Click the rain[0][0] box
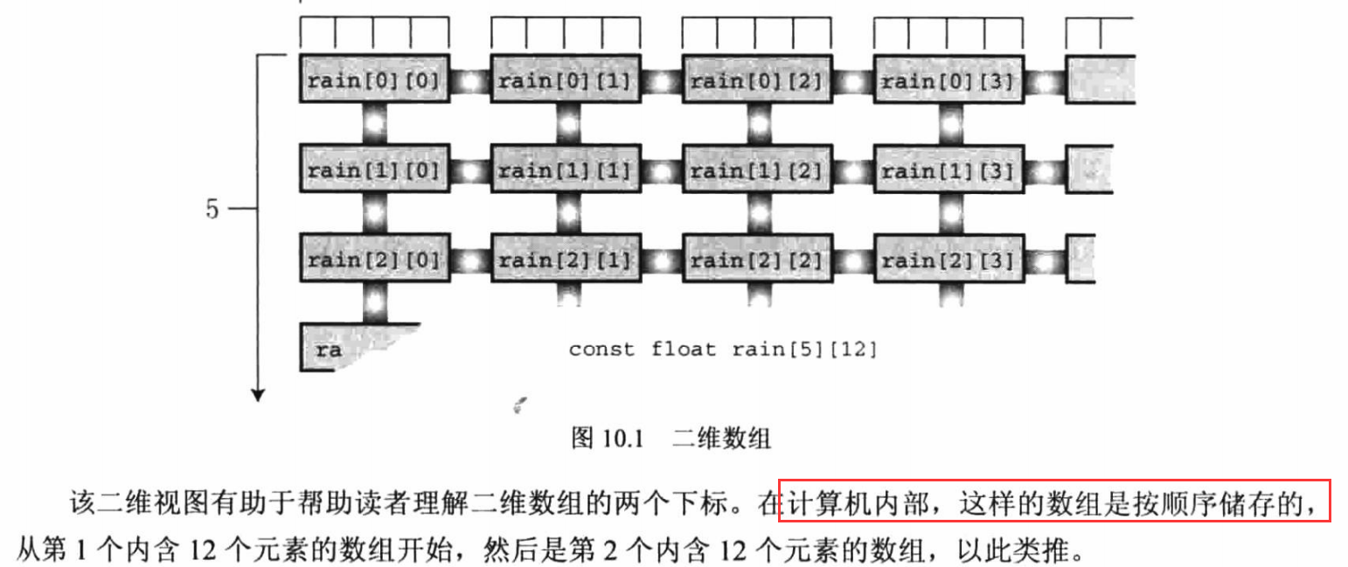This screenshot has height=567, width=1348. [x=374, y=81]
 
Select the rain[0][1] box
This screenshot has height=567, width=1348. [x=566, y=81]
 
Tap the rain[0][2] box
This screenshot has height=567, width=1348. [x=757, y=81]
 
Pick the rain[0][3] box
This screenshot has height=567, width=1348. [x=948, y=81]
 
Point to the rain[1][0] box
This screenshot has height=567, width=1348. [x=374, y=170]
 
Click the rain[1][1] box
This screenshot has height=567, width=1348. [x=566, y=170]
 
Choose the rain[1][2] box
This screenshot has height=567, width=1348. [x=757, y=170]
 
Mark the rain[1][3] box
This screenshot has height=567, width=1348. [x=948, y=170]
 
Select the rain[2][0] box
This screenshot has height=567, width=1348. [x=374, y=259]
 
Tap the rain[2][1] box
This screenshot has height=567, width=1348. [x=566, y=259]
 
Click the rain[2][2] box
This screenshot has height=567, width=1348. [x=757, y=259]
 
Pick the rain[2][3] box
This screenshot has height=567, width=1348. [x=948, y=259]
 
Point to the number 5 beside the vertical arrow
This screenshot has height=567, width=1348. [x=212, y=211]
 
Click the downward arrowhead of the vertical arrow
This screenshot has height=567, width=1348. [x=258, y=394]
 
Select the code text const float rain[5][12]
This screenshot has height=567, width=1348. [x=723, y=349]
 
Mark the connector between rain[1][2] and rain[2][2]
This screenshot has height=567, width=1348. [x=757, y=214]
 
